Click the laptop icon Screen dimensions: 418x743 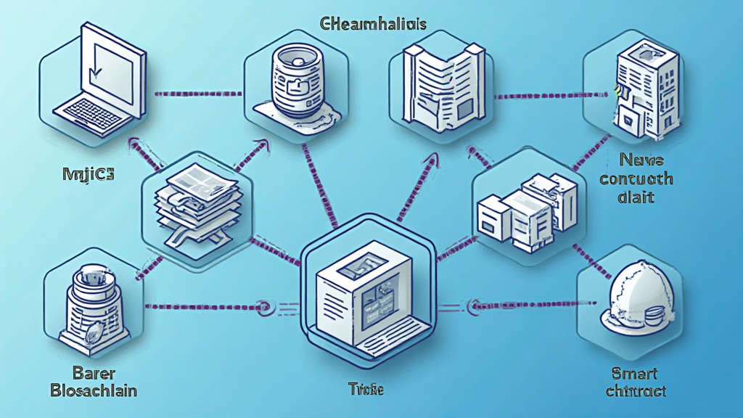coord(98,81)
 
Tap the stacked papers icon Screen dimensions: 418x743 coord(198,200)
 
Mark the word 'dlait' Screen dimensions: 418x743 coord(636,197)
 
